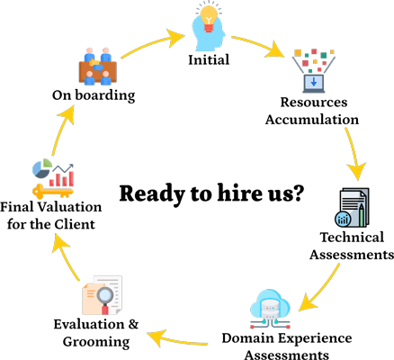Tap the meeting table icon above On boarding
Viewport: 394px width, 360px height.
99,64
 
